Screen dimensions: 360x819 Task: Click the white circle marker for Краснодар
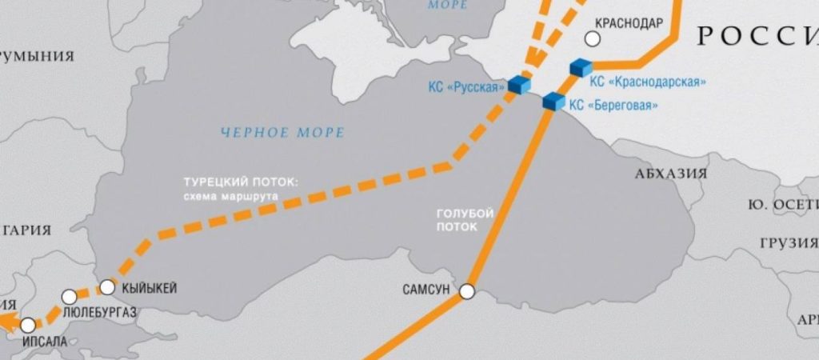point(593,38)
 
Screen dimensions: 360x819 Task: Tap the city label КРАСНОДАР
point(629,23)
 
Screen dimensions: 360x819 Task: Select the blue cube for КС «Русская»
point(520,85)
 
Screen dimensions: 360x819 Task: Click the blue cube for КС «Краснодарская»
point(580,67)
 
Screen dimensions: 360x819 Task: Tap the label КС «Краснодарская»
point(648,81)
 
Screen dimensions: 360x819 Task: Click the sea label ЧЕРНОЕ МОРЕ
point(284,132)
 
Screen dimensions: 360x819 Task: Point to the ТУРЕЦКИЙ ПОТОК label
point(241,182)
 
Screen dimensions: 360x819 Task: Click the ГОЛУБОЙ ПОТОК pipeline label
point(465,220)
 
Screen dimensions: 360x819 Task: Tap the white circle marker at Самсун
point(467,292)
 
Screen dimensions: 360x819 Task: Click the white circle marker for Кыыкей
point(107,286)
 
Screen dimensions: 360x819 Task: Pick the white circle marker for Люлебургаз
point(70,295)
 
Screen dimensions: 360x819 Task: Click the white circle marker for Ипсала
point(29,326)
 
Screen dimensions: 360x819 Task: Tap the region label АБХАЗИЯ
point(672,172)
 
